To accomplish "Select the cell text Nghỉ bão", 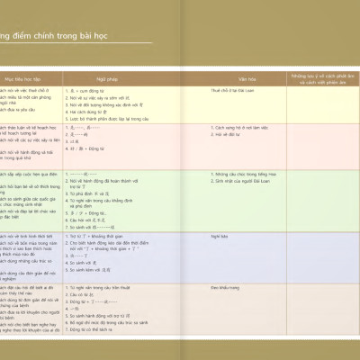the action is [219, 235].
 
